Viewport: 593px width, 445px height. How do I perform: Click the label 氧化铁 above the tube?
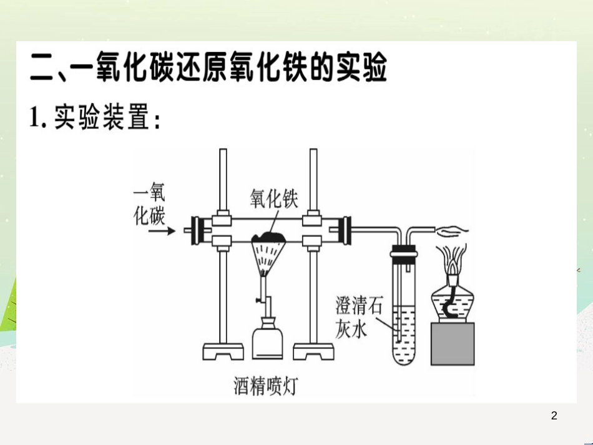(x=274, y=198)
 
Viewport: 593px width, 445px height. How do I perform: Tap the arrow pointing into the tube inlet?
(x=162, y=231)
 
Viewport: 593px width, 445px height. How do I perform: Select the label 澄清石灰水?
(x=358, y=317)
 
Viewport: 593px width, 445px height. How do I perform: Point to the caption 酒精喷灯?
(x=265, y=386)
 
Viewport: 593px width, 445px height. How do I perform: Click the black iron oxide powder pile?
(x=269, y=237)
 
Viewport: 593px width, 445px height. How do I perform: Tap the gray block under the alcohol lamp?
(x=453, y=344)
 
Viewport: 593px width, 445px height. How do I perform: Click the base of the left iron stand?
(x=223, y=351)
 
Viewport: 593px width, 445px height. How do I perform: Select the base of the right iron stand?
(x=313, y=351)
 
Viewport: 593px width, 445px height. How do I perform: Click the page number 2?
(x=554, y=416)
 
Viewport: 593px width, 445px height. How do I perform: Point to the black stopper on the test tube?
(x=404, y=251)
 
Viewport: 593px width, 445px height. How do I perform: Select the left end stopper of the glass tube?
(x=196, y=230)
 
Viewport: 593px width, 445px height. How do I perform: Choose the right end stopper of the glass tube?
(x=346, y=230)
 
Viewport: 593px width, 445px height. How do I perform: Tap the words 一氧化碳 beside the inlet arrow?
(x=149, y=204)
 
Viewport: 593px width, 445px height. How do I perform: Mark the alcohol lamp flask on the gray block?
(x=453, y=303)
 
